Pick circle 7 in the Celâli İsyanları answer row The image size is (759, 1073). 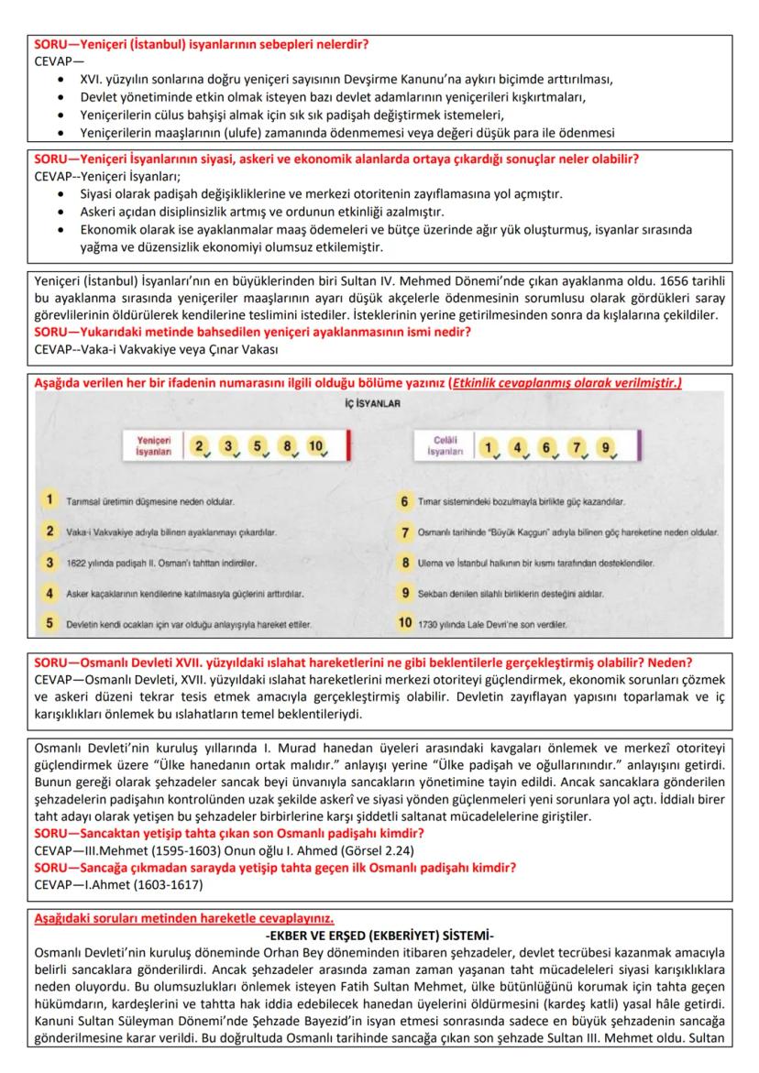click(577, 446)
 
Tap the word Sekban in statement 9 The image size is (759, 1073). click(442, 594)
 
